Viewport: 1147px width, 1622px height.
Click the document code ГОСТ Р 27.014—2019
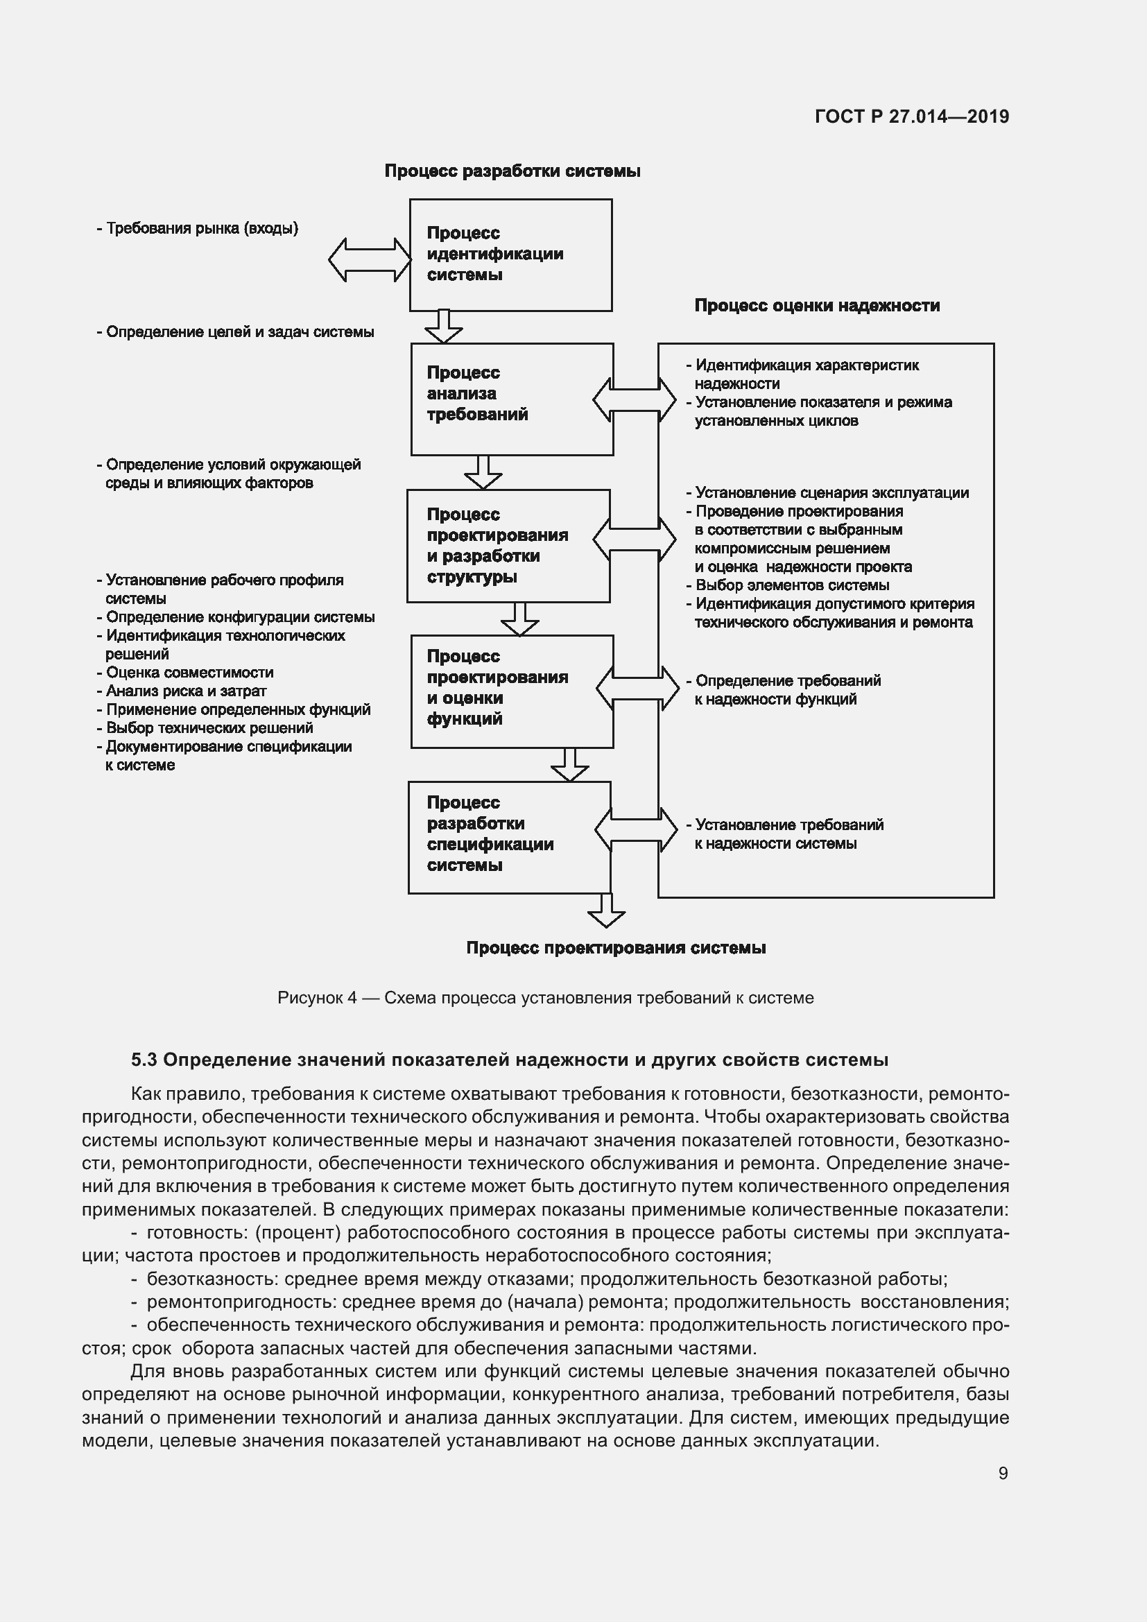[x=912, y=117]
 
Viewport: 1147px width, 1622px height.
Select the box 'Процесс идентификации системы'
[x=510, y=254]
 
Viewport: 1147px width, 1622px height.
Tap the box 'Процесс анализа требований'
[x=511, y=399]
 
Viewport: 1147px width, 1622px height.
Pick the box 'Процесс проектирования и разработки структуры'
[x=508, y=545]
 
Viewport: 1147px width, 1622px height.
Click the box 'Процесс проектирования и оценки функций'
[x=511, y=691]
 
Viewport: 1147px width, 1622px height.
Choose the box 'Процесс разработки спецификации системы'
[x=508, y=837]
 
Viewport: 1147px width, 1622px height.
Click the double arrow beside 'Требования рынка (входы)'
[x=370, y=259]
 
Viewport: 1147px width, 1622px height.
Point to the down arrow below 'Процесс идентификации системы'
[x=444, y=327]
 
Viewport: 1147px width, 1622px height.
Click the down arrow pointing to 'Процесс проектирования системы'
[x=606, y=910]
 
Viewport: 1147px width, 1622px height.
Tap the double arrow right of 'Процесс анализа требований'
[x=634, y=400]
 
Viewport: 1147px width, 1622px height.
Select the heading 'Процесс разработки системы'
[x=512, y=171]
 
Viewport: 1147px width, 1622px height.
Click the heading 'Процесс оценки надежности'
[x=816, y=306]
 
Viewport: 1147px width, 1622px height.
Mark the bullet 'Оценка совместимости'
[x=189, y=673]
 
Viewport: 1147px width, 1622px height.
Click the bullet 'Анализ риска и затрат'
[x=186, y=691]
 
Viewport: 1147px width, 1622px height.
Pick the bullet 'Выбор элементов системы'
[x=792, y=585]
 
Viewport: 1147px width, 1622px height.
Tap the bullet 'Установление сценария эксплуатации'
[x=831, y=493]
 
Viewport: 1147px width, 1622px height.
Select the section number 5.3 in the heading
[x=144, y=1060]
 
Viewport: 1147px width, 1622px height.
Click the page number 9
[x=1002, y=1473]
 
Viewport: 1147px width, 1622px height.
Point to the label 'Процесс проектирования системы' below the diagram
[x=616, y=948]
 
